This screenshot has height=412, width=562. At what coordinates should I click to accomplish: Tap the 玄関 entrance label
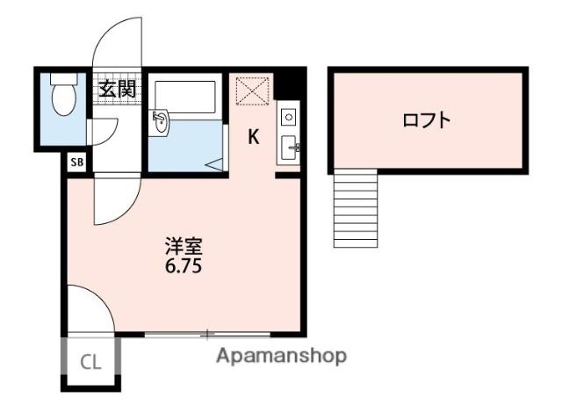pos(116,88)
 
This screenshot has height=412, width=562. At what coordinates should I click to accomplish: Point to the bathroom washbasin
pos(162,123)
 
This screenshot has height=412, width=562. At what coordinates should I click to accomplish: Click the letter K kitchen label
pos(253,137)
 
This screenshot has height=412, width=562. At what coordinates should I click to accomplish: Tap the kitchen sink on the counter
pos(290,147)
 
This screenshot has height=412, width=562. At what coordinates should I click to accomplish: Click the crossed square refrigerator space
pos(253,90)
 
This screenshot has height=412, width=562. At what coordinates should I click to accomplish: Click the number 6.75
pos(184,266)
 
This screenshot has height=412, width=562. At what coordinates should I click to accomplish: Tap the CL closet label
pos(90,360)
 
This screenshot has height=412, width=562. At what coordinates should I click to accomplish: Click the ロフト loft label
pos(427,120)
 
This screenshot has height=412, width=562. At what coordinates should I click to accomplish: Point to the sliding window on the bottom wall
pos(207,334)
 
